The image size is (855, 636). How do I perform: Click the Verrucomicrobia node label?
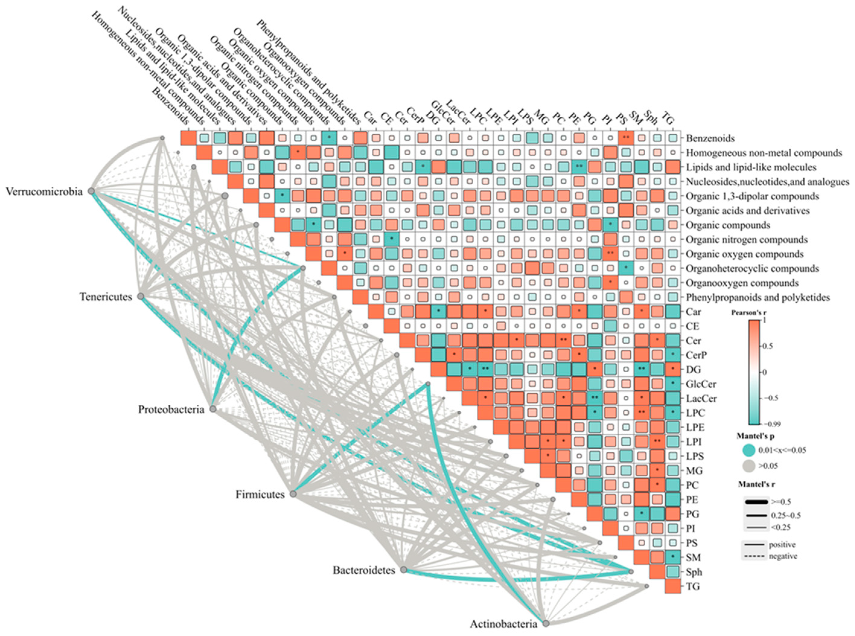(44, 191)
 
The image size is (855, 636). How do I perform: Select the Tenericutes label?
(106, 297)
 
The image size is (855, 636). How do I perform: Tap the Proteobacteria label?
(171, 409)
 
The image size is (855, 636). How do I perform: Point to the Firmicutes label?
(260, 495)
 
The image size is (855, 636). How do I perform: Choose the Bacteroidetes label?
(364, 570)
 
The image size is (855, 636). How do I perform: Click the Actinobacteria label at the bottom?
(503, 624)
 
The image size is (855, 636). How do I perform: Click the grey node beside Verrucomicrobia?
(91, 191)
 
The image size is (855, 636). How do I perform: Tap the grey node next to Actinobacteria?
(546, 623)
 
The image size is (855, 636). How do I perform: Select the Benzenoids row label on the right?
(710, 138)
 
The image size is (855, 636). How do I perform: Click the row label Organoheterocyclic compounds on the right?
(752, 268)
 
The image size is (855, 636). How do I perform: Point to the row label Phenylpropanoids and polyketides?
(758, 297)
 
